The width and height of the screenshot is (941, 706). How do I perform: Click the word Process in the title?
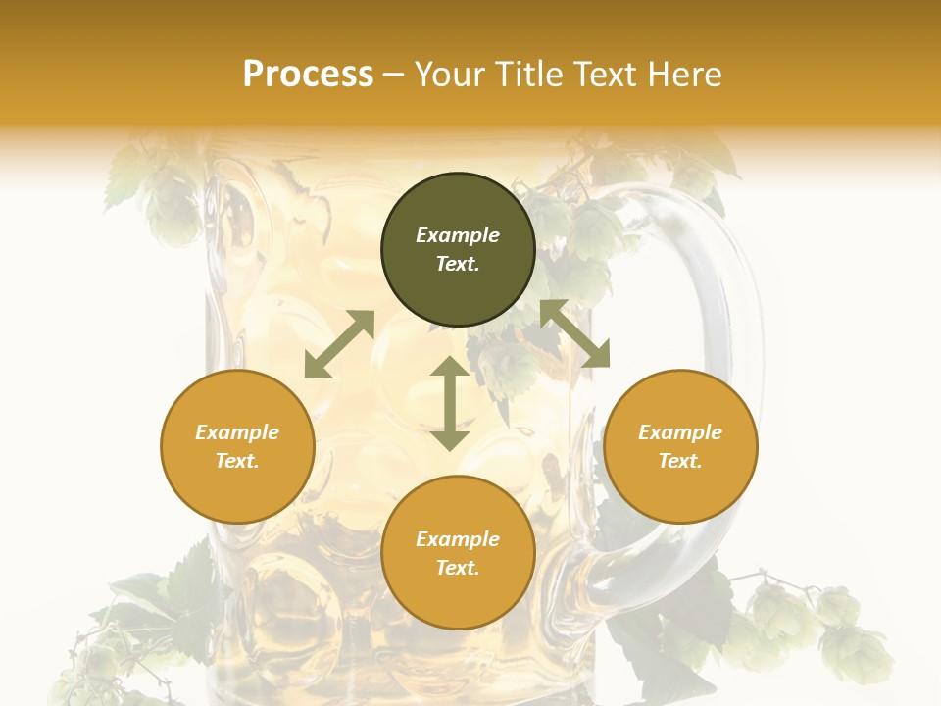308,75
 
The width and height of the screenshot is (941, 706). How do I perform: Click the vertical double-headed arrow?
450,403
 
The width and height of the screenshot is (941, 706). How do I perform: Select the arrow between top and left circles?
339,344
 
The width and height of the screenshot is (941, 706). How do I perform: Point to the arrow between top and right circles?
574,333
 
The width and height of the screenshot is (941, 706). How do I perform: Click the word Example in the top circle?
458,235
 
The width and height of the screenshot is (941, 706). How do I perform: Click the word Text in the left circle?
237,461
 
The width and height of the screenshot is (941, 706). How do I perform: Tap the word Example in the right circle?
680,432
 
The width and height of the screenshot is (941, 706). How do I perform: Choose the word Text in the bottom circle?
458,568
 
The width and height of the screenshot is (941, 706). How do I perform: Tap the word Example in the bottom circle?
458,539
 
